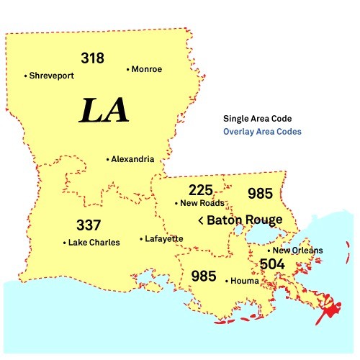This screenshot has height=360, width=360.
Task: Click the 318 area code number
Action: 93,58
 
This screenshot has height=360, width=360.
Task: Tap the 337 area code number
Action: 89,225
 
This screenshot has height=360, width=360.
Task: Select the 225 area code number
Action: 201,191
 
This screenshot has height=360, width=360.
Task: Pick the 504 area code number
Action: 273,264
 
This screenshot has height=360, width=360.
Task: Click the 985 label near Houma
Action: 204,276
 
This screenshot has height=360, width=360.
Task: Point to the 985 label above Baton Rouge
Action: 260,194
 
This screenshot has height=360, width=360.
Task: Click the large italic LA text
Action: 104,110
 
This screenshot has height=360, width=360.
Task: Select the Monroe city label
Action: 147,69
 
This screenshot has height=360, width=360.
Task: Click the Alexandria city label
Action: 133,159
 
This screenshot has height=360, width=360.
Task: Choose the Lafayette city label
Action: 163,238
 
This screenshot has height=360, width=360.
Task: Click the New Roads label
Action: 202,204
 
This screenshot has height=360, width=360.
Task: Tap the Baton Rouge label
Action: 244,220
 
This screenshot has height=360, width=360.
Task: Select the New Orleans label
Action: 297,251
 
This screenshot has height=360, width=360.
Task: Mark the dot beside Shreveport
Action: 25,75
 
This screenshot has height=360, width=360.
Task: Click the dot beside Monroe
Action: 127,70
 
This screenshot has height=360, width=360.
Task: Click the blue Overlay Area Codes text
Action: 262,132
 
